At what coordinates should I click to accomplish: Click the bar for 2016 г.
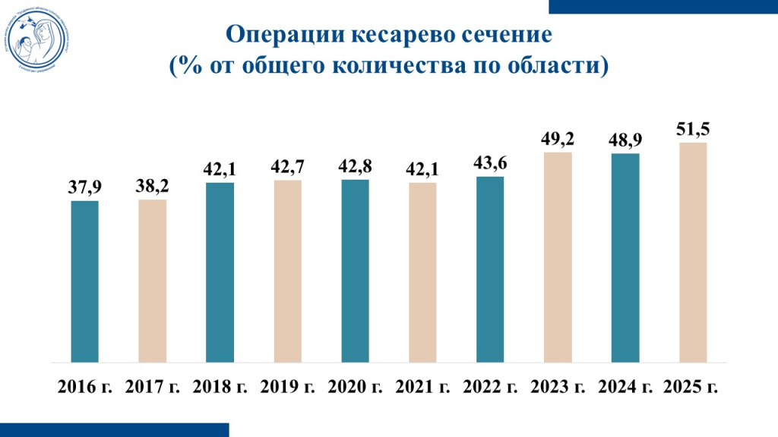tap(84, 281)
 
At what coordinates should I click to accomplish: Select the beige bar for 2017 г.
tap(152, 280)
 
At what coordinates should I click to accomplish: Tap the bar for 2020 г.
tap(355, 270)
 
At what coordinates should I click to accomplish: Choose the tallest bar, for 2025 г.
tap(693, 252)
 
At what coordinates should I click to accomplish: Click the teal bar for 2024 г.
tap(625, 257)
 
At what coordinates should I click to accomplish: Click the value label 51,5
tap(693, 130)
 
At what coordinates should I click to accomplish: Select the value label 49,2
tap(558, 139)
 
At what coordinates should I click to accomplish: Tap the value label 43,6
tap(490, 163)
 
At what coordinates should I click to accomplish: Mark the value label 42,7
tap(287, 167)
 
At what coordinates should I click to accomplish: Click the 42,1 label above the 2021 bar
tap(422, 170)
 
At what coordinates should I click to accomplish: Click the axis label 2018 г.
tap(220, 386)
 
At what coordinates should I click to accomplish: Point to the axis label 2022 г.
tap(490, 386)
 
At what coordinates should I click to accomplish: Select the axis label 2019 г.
tap(287, 386)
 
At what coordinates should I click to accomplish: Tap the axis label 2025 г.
tap(691, 386)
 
